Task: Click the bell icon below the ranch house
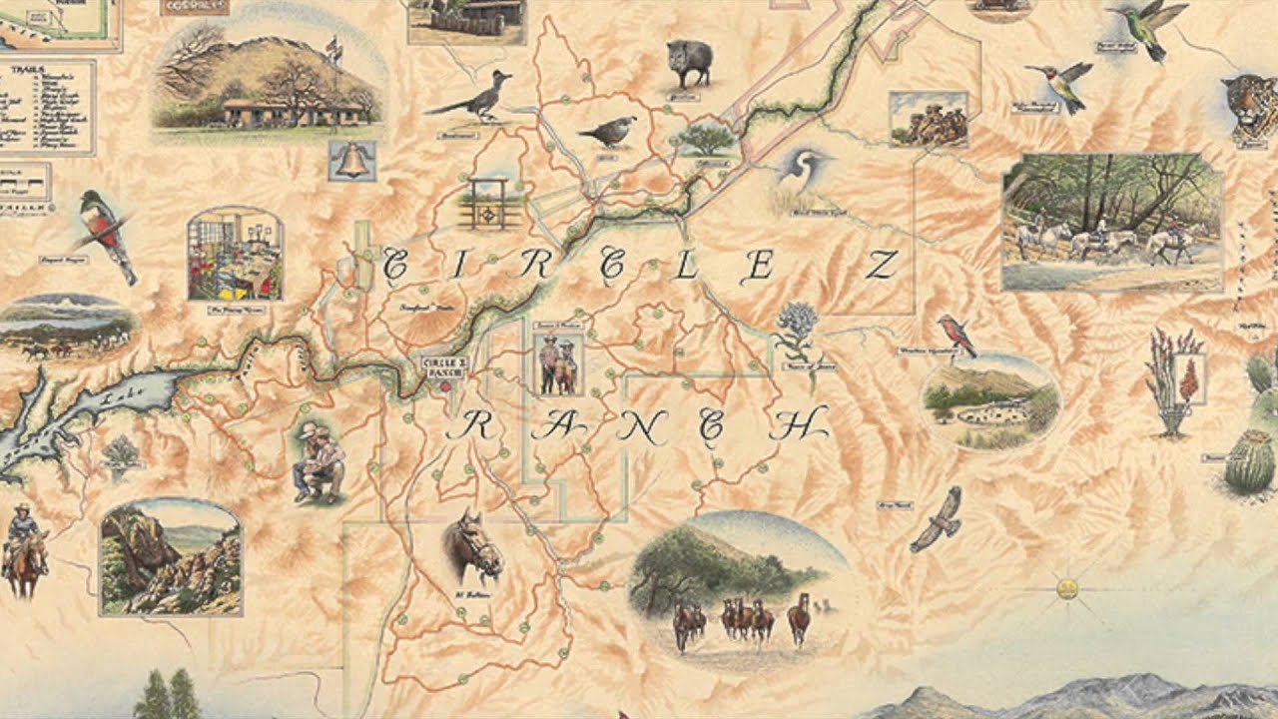[351, 161]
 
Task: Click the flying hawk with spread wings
[938, 520]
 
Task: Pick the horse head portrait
[471, 548]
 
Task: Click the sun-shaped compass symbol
[1067, 588]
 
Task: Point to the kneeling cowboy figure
[319, 461]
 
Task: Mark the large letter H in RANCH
[804, 426]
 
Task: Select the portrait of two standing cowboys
[557, 363]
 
